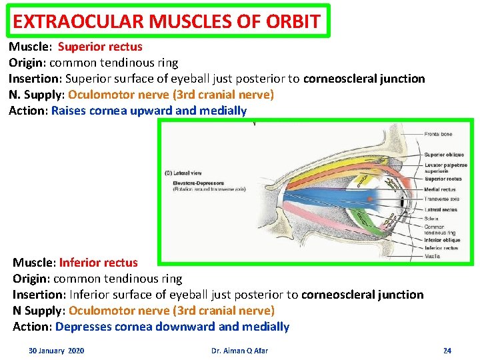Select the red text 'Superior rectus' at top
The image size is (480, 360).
coord(100,47)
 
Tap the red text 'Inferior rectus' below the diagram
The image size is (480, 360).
coord(99,263)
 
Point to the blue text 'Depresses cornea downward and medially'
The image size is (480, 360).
coord(172,327)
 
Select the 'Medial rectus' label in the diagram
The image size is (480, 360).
coord(440,189)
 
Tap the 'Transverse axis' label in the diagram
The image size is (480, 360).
coord(442,198)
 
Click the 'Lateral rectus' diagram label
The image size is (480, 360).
coord(441,209)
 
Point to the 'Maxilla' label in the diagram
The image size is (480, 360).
coord(433,256)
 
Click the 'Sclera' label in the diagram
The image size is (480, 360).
coord(432,219)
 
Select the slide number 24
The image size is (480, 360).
coord(447,351)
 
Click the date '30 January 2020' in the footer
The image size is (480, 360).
coord(56,351)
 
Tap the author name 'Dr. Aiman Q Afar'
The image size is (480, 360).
coord(239,351)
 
